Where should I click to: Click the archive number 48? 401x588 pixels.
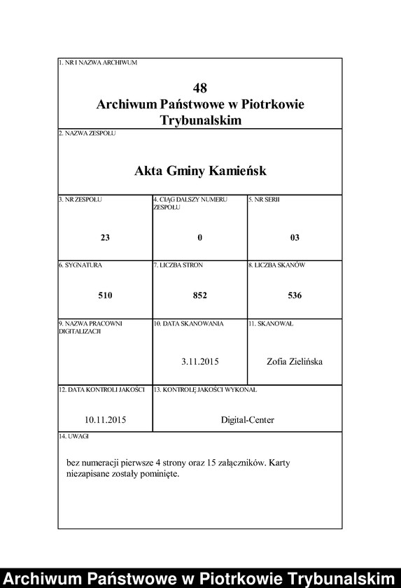click(200, 88)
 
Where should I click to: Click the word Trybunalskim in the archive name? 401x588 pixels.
click(200, 120)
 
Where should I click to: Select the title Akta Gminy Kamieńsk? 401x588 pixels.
click(200, 171)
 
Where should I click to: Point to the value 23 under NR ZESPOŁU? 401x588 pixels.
click(105, 237)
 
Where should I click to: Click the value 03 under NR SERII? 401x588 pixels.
click(295, 237)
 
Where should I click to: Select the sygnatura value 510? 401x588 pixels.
click(105, 295)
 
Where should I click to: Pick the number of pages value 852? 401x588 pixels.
click(200, 295)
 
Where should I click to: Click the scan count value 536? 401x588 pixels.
click(295, 295)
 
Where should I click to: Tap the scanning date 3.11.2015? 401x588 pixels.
click(200, 361)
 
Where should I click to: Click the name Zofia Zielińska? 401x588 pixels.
click(295, 361)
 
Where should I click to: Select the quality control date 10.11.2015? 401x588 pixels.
click(105, 420)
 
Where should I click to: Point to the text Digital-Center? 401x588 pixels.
click(247, 420)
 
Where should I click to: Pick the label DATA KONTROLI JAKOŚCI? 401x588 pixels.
click(104, 388)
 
